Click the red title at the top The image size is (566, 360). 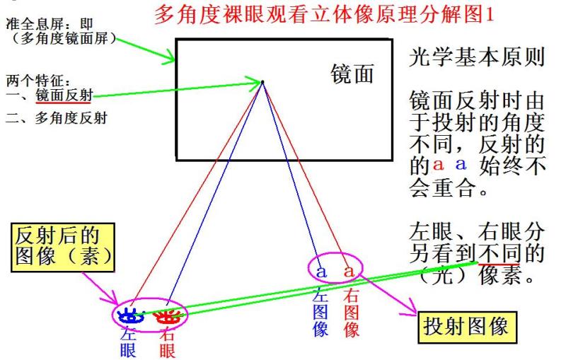[324, 15]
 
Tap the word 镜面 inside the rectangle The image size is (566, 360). [352, 74]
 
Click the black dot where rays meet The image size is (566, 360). [262, 82]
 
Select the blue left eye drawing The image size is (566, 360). [131, 315]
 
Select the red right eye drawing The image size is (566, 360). [167, 316]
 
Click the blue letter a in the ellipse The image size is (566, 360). [321, 272]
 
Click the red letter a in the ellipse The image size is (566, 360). [349, 271]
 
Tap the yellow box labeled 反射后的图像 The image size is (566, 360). [63, 247]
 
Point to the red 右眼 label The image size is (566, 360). [167, 342]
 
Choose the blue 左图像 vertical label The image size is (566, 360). [320, 313]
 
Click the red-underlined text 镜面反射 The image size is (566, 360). [64, 95]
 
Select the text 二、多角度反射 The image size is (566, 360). [57, 118]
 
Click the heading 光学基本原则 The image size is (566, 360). [476, 57]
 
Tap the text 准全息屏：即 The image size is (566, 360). [50, 24]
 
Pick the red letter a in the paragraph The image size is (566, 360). [438, 165]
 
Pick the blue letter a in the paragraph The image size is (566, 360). [461, 165]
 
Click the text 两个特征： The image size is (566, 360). [38, 81]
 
